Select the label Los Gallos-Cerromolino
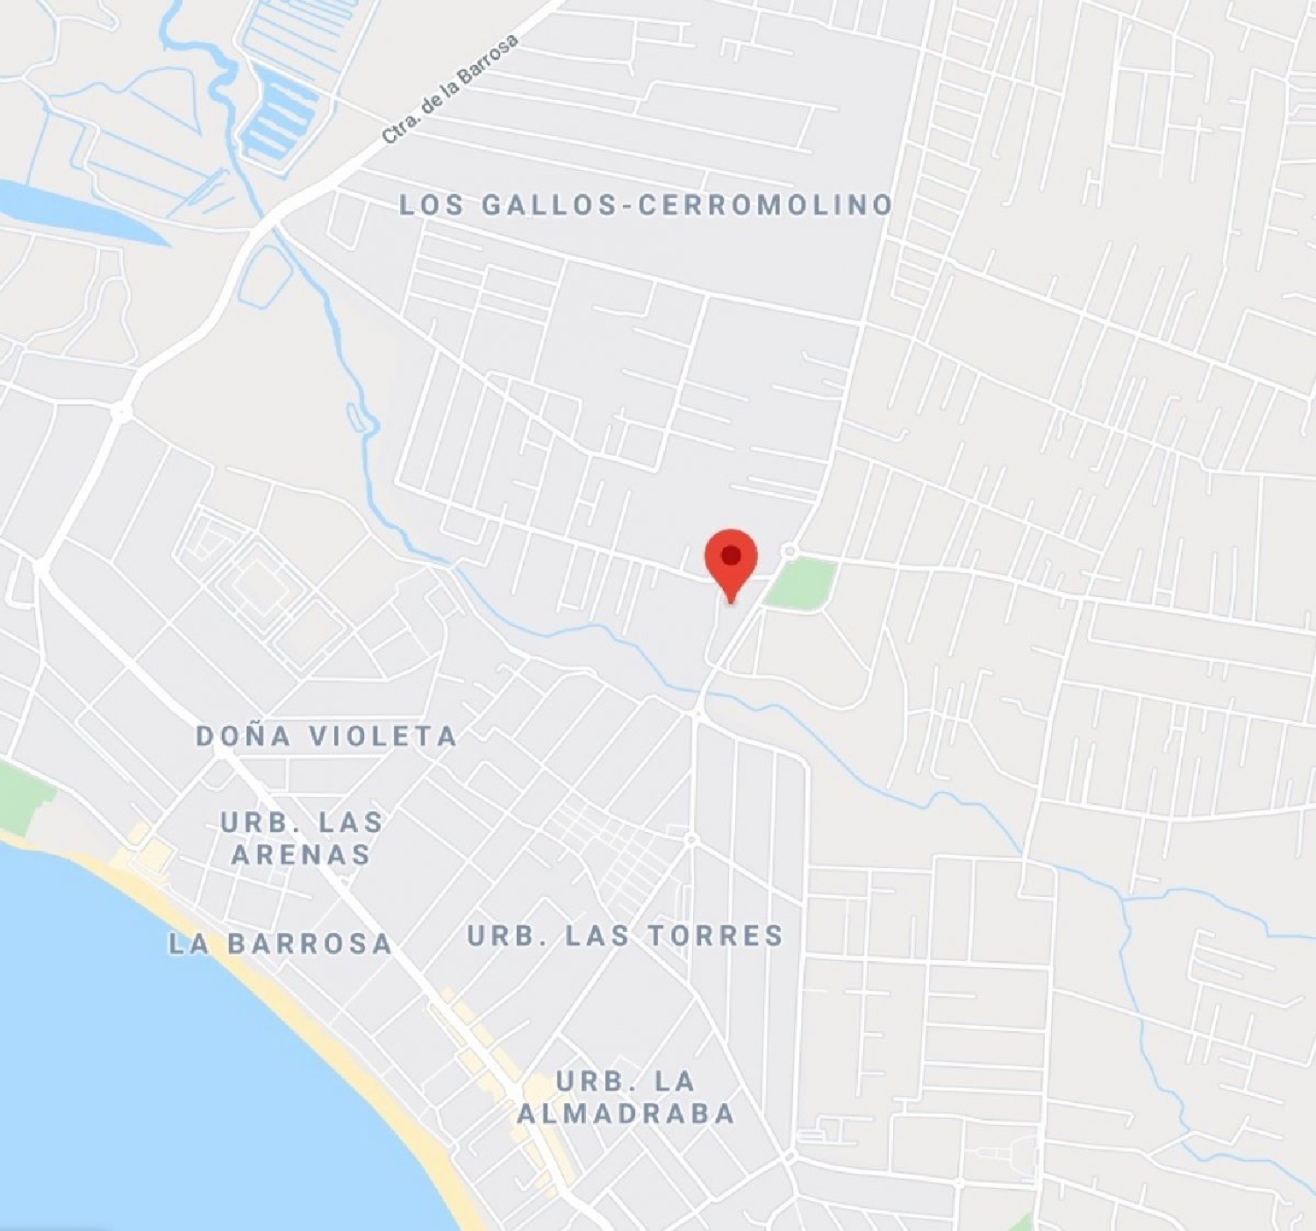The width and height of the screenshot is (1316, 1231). pos(646,205)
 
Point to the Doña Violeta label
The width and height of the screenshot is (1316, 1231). pos(326,736)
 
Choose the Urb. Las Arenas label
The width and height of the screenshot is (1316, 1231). pos(302,838)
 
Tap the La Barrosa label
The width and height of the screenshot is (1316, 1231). pos(280,943)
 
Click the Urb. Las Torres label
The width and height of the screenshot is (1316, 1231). pos(625,936)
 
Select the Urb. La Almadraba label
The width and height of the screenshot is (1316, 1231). pos(626,1097)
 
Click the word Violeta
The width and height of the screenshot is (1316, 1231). pos(383,736)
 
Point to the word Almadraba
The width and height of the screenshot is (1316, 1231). pos(626,1114)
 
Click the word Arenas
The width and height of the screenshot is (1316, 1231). pos(302,855)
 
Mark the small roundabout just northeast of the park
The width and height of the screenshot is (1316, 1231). pos(790,551)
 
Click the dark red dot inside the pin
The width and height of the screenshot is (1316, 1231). pos(731,555)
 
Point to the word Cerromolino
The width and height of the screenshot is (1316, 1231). pos(765,205)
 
